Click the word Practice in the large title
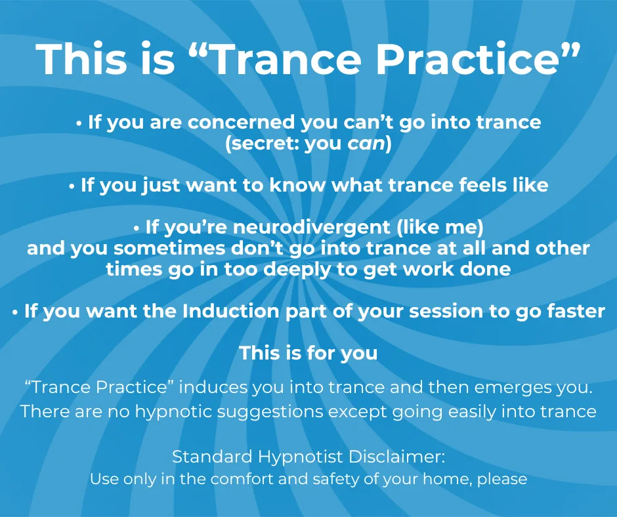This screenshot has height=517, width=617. pyautogui.click(x=467, y=58)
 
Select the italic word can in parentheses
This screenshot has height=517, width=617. pyautogui.click(x=366, y=144)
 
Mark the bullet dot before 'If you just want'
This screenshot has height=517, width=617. pyautogui.click(x=72, y=186)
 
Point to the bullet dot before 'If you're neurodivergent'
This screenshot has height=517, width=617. pyautogui.click(x=137, y=228)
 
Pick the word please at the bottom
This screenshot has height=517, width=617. pyautogui.click(x=502, y=480)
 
